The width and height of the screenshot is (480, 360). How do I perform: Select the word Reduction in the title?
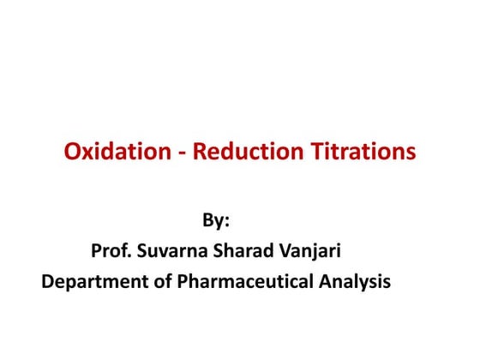[244, 153]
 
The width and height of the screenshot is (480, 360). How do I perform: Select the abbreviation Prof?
[109, 251]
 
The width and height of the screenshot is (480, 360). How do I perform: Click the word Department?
[88, 281]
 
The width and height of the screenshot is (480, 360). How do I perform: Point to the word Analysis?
[351, 281]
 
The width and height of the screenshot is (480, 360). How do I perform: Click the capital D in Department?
[48, 280]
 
